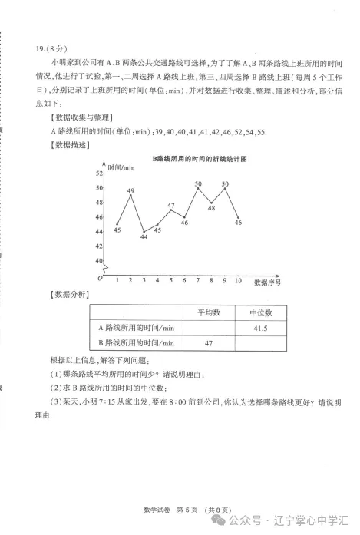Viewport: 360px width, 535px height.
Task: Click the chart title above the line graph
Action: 200,157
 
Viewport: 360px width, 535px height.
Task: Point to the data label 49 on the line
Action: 130,190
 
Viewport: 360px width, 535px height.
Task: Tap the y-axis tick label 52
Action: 99,173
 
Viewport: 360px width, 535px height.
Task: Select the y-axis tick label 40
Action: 99,261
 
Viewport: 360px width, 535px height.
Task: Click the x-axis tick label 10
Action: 238,280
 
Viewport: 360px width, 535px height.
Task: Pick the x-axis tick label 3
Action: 144,280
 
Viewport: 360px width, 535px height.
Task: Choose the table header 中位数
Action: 258,312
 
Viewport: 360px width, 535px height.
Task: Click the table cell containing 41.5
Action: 258,328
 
